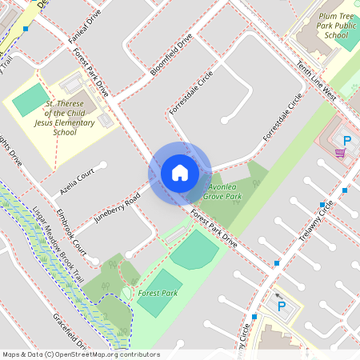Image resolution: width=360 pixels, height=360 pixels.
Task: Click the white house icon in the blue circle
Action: click(x=180, y=172)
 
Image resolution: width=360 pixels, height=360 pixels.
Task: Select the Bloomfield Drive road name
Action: click(x=172, y=54)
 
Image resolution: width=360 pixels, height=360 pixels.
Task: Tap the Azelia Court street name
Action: click(x=83, y=181)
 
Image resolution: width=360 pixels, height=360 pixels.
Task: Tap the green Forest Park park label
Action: click(x=158, y=294)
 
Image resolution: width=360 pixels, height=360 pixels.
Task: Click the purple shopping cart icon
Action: click(x=340, y=152)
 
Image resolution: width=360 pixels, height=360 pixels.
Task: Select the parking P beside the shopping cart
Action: click(x=346, y=140)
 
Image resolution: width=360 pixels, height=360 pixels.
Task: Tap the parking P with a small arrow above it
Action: click(x=281, y=305)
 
